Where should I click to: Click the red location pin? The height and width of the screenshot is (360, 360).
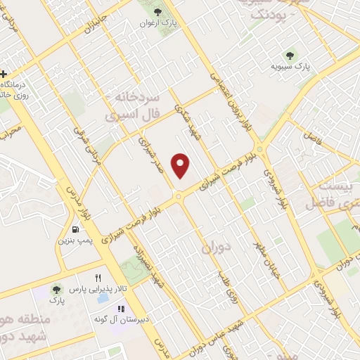point(181,165)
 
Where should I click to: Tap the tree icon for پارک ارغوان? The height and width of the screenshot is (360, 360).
point(157,12)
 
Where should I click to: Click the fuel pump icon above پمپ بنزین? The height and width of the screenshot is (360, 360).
point(75,229)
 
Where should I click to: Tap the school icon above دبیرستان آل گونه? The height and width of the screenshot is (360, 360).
point(121,309)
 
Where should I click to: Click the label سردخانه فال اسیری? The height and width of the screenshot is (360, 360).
point(134,103)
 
